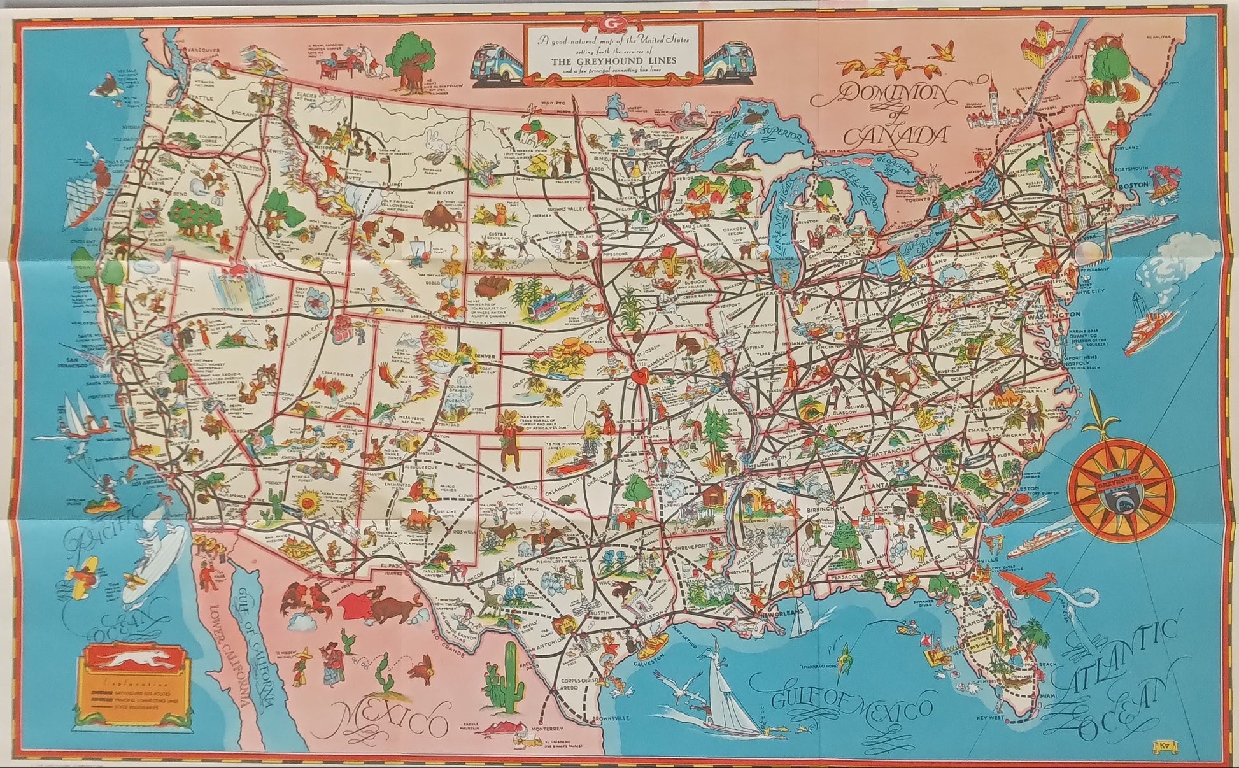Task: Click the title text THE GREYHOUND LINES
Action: [614, 61]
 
